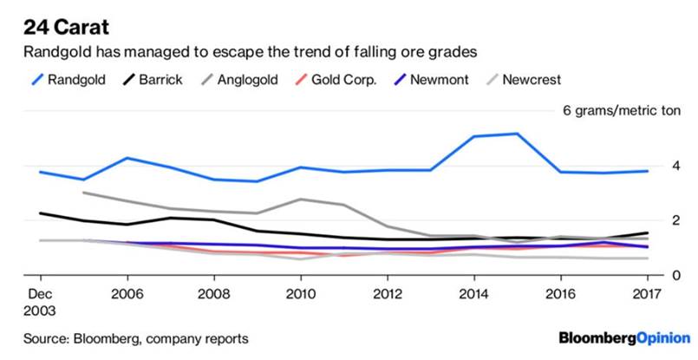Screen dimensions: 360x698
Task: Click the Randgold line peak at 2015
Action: point(517,134)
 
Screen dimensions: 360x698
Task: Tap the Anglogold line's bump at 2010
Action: point(300,200)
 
